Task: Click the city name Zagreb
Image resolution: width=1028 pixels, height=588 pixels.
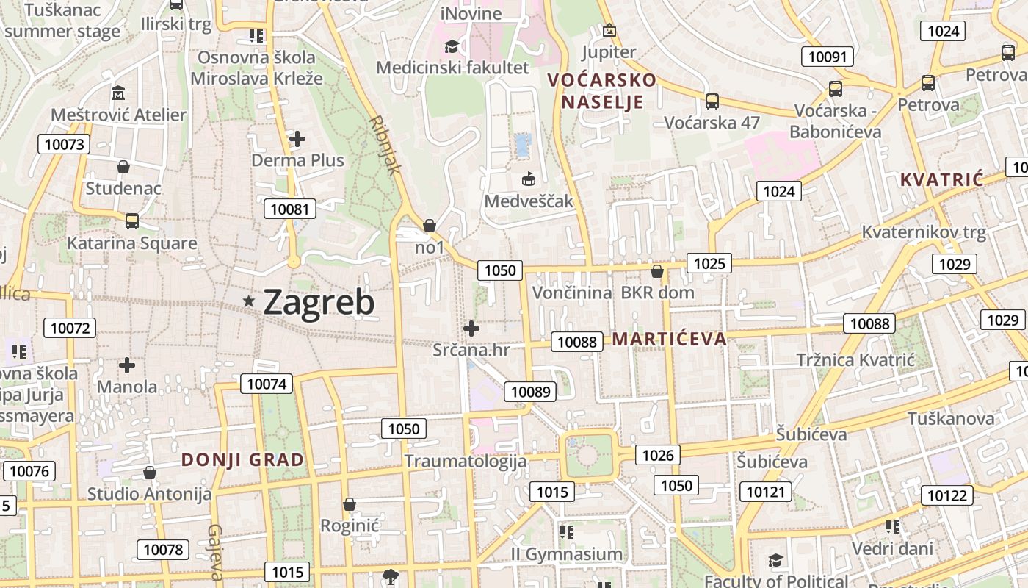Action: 319,302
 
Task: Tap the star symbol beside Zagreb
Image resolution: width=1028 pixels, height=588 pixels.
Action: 249,301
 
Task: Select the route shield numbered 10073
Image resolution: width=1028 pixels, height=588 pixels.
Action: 64,144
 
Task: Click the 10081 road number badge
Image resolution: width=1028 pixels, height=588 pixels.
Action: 290,209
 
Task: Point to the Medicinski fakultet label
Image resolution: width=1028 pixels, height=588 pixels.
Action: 452,68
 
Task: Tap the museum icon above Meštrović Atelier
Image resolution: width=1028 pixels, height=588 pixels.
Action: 118,94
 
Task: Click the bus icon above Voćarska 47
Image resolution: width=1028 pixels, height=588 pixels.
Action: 712,101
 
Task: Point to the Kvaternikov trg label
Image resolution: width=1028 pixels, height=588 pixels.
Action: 924,232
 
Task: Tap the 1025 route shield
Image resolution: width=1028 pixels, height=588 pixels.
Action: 709,263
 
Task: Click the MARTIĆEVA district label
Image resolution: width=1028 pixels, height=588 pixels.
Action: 669,339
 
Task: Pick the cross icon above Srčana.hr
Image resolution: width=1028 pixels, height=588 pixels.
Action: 471,329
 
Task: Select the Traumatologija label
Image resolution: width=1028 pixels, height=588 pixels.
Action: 466,461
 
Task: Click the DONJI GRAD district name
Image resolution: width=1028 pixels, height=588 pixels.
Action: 242,460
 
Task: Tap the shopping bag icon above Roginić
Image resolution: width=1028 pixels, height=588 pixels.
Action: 350,504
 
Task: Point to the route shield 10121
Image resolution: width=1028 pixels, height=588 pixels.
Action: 766,492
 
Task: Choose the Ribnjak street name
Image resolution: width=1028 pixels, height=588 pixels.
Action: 386,144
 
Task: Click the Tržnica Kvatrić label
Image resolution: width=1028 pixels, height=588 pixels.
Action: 855,360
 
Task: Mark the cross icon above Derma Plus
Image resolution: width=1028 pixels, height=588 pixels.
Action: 297,138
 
